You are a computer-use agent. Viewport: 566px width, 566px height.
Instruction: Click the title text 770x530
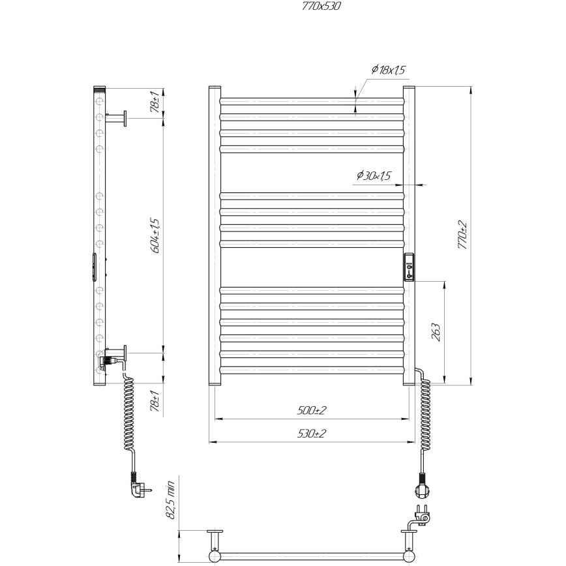pyautogui.click(x=321, y=7)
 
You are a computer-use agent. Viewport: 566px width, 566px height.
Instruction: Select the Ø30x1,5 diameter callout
pyautogui.click(x=374, y=175)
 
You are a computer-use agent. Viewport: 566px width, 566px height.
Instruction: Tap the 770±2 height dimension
pyautogui.click(x=463, y=235)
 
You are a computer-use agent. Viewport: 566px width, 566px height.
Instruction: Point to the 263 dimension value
pyautogui.click(x=436, y=332)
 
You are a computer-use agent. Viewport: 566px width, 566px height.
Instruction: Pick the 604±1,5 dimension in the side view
pyautogui.click(x=155, y=235)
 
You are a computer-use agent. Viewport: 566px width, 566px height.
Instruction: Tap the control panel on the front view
pyautogui.click(x=410, y=266)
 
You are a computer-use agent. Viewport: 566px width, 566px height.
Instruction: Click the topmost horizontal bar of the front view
pyautogui.click(x=311, y=101)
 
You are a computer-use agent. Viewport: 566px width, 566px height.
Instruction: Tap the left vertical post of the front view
pyautogui.click(x=215, y=235)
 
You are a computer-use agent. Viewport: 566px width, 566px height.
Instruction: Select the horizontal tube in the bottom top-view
pyautogui.click(x=311, y=556)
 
